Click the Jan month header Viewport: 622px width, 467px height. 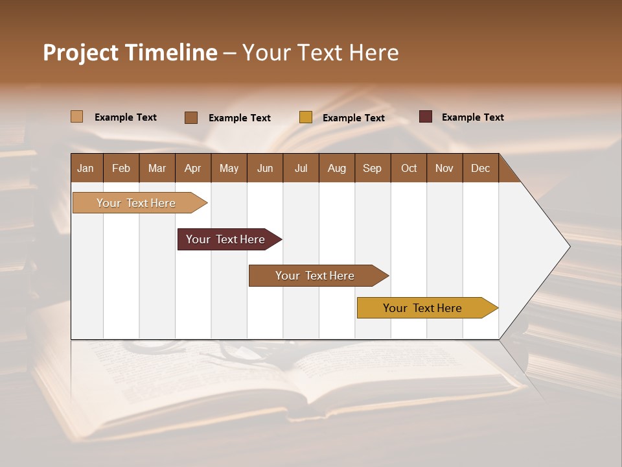click(86, 168)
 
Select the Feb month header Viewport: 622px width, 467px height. click(121, 168)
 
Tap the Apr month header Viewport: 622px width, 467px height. click(193, 168)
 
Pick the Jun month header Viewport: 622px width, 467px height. click(265, 168)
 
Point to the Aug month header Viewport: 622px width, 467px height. click(337, 168)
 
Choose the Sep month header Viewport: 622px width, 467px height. click(373, 168)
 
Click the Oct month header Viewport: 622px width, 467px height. click(409, 168)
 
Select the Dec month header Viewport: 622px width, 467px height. click(481, 168)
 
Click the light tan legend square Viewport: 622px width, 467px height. click(77, 117)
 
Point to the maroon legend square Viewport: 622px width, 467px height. click(426, 117)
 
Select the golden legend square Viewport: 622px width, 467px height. click(306, 117)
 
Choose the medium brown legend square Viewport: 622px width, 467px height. click(191, 117)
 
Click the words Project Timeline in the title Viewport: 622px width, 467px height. click(130, 53)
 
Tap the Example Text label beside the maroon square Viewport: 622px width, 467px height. click(473, 117)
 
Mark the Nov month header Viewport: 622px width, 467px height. click(444, 168)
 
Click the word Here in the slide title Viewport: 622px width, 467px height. click(374, 53)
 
